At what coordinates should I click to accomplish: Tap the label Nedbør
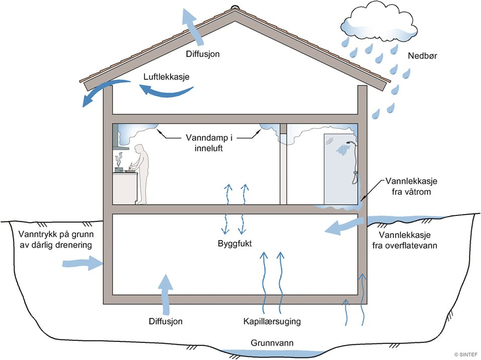pyautogui.click(x=423, y=56)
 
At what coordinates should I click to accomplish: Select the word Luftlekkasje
pyautogui.click(x=166, y=77)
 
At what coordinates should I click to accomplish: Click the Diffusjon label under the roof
pyautogui.click(x=203, y=54)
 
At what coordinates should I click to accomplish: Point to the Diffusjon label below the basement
pyautogui.click(x=166, y=321)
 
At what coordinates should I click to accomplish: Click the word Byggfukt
pyautogui.click(x=234, y=244)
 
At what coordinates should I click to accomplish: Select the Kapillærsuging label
pyautogui.click(x=272, y=322)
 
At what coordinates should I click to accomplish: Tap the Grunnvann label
pyautogui.click(x=272, y=343)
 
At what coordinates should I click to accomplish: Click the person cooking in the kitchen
pyautogui.click(x=140, y=174)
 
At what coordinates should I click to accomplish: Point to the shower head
pyautogui.click(x=350, y=143)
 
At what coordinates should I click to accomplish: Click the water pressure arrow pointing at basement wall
pyautogui.click(x=82, y=263)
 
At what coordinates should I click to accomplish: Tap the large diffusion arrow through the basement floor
pyautogui.click(x=166, y=295)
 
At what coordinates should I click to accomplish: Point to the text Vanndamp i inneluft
pyautogui.click(x=209, y=142)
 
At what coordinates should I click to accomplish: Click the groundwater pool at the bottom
pyautogui.click(x=272, y=352)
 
